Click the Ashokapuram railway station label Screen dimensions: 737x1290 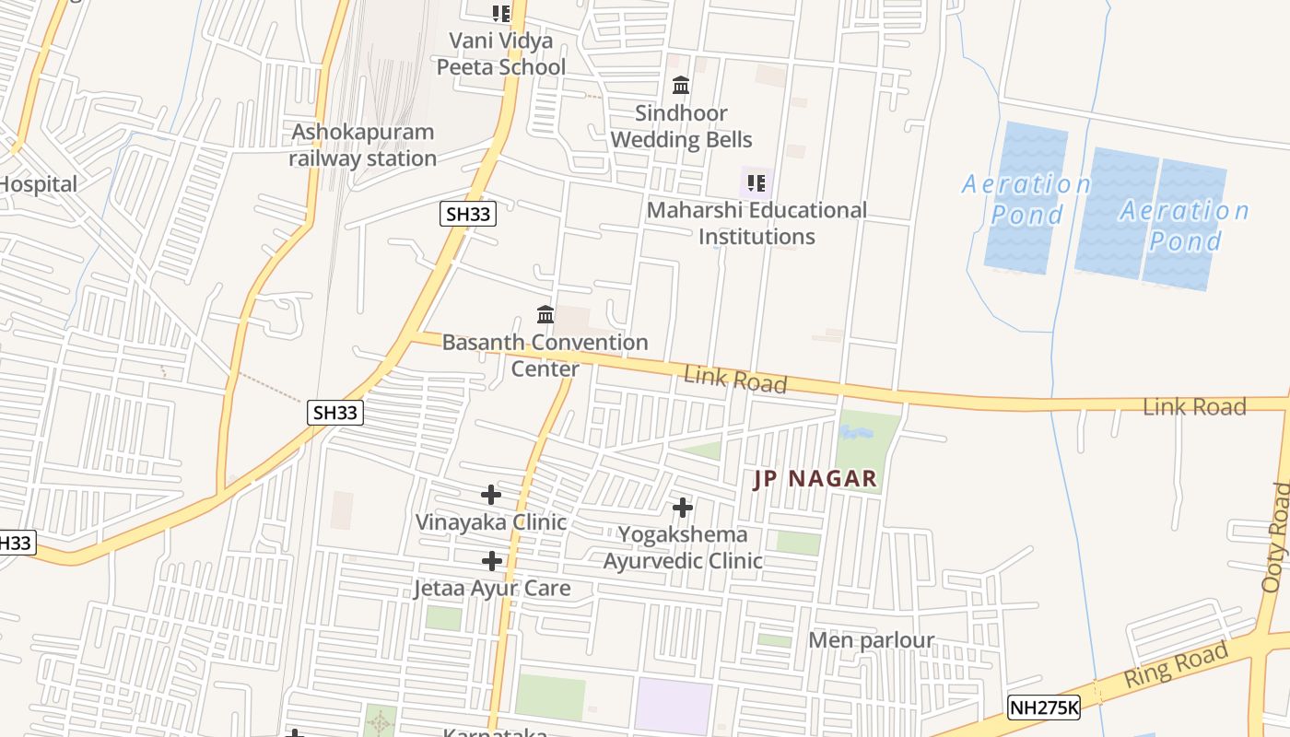[x=362, y=145]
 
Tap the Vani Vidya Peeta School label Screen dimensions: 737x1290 [x=500, y=53]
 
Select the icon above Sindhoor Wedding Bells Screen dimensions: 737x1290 [x=681, y=86]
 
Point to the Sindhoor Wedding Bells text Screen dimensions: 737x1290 [x=681, y=126]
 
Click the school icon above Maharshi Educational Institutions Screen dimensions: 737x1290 [x=756, y=182]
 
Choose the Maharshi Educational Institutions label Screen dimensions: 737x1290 [x=756, y=223]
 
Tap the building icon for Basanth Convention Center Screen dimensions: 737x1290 [x=545, y=315]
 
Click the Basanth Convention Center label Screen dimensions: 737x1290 [x=545, y=355]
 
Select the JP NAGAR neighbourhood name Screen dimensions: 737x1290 [x=815, y=479]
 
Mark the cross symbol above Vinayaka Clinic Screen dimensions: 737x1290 [x=491, y=495]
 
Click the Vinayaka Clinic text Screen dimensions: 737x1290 [x=490, y=522]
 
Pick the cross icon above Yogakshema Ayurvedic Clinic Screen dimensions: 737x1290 [x=682, y=508]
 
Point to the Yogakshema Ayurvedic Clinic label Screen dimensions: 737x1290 [x=683, y=547]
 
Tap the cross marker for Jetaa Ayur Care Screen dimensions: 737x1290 [x=492, y=561]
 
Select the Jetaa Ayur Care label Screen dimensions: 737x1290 [x=492, y=588]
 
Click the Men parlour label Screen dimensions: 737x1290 [x=871, y=639]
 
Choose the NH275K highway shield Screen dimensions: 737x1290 [x=1043, y=707]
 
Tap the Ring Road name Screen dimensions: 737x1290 [x=1176, y=665]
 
